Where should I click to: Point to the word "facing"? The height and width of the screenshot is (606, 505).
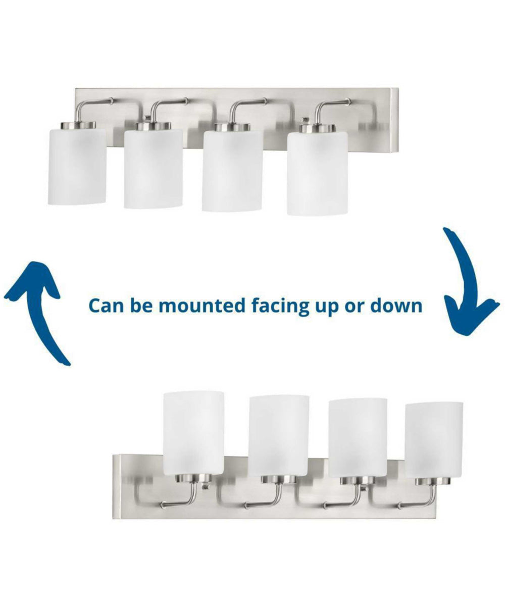[280, 307]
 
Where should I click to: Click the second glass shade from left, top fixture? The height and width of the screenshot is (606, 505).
[153, 169]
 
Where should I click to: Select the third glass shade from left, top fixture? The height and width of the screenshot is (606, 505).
[232, 171]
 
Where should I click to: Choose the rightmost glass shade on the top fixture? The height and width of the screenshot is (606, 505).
[317, 173]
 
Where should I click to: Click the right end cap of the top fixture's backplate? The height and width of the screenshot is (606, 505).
[394, 121]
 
